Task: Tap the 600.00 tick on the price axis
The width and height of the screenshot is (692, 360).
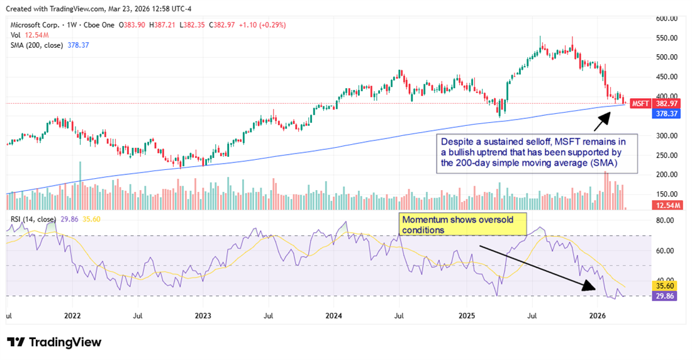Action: pyautogui.click(x=666, y=19)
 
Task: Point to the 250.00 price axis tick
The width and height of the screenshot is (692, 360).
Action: pyautogui.click(x=666, y=155)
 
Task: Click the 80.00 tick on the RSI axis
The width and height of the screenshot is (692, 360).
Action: pyautogui.click(x=666, y=221)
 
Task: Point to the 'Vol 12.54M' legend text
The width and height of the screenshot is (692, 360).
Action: pyautogui.click(x=29, y=35)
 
